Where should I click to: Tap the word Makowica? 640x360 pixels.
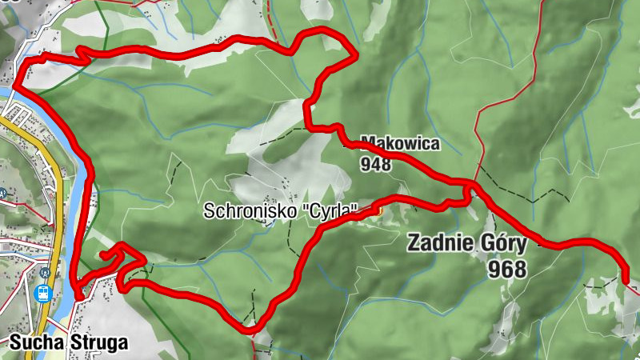click(x=400, y=145)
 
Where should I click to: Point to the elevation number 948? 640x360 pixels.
click(x=376, y=164)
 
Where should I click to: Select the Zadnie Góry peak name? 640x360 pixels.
click(x=467, y=243)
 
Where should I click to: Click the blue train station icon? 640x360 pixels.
click(x=44, y=293)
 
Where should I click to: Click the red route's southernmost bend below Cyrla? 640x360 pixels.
click(x=250, y=327)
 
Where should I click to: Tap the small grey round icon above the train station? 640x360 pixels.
click(x=44, y=272)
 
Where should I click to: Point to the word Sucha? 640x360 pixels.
click(x=32, y=343)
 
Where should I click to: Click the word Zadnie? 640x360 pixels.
click(x=438, y=243)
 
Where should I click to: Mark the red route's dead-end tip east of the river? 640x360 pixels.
click(x=104, y=255)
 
